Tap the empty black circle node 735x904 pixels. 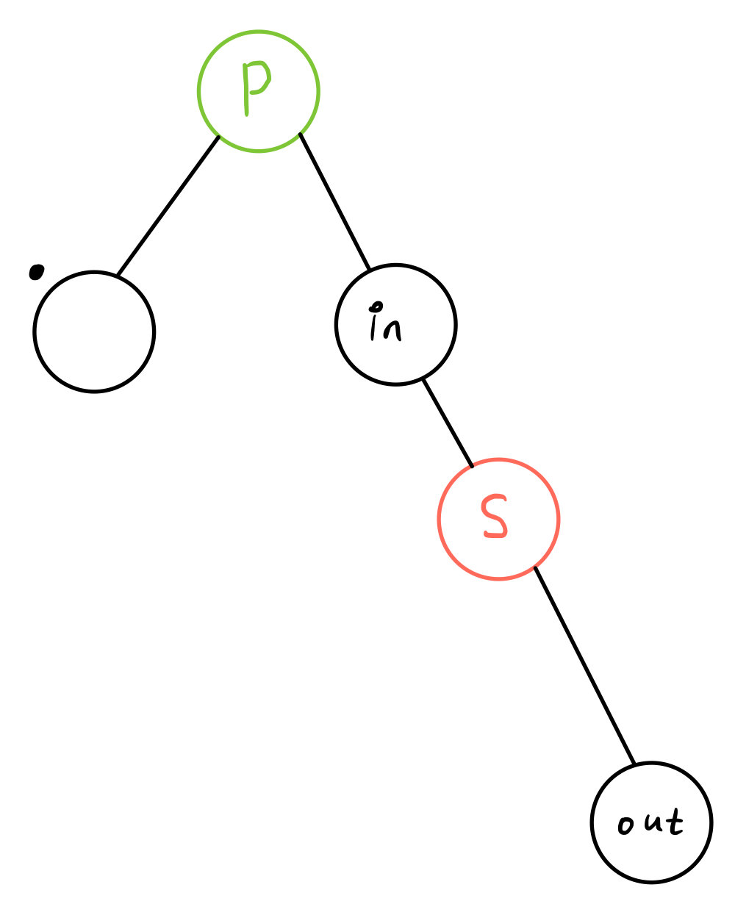pyautogui.click(x=94, y=332)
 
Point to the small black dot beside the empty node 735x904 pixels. pyautogui.click(x=35, y=273)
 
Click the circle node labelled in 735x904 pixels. pyautogui.click(x=423, y=345)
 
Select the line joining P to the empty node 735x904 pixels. pyautogui.click(x=168, y=206)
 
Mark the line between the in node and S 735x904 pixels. pyautogui.click(x=448, y=423)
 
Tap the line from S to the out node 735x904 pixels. pyautogui.click(x=584, y=665)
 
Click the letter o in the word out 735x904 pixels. pyautogui.click(x=625, y=827)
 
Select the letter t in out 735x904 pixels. pyautogui.click(x=674, y=823)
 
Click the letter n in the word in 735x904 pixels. pyautogui.click(x=393, y=329)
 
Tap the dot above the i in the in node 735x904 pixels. pyautogui.click(x=376, y=304)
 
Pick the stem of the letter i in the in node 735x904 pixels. pyautogui.click(x=374, y=327)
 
